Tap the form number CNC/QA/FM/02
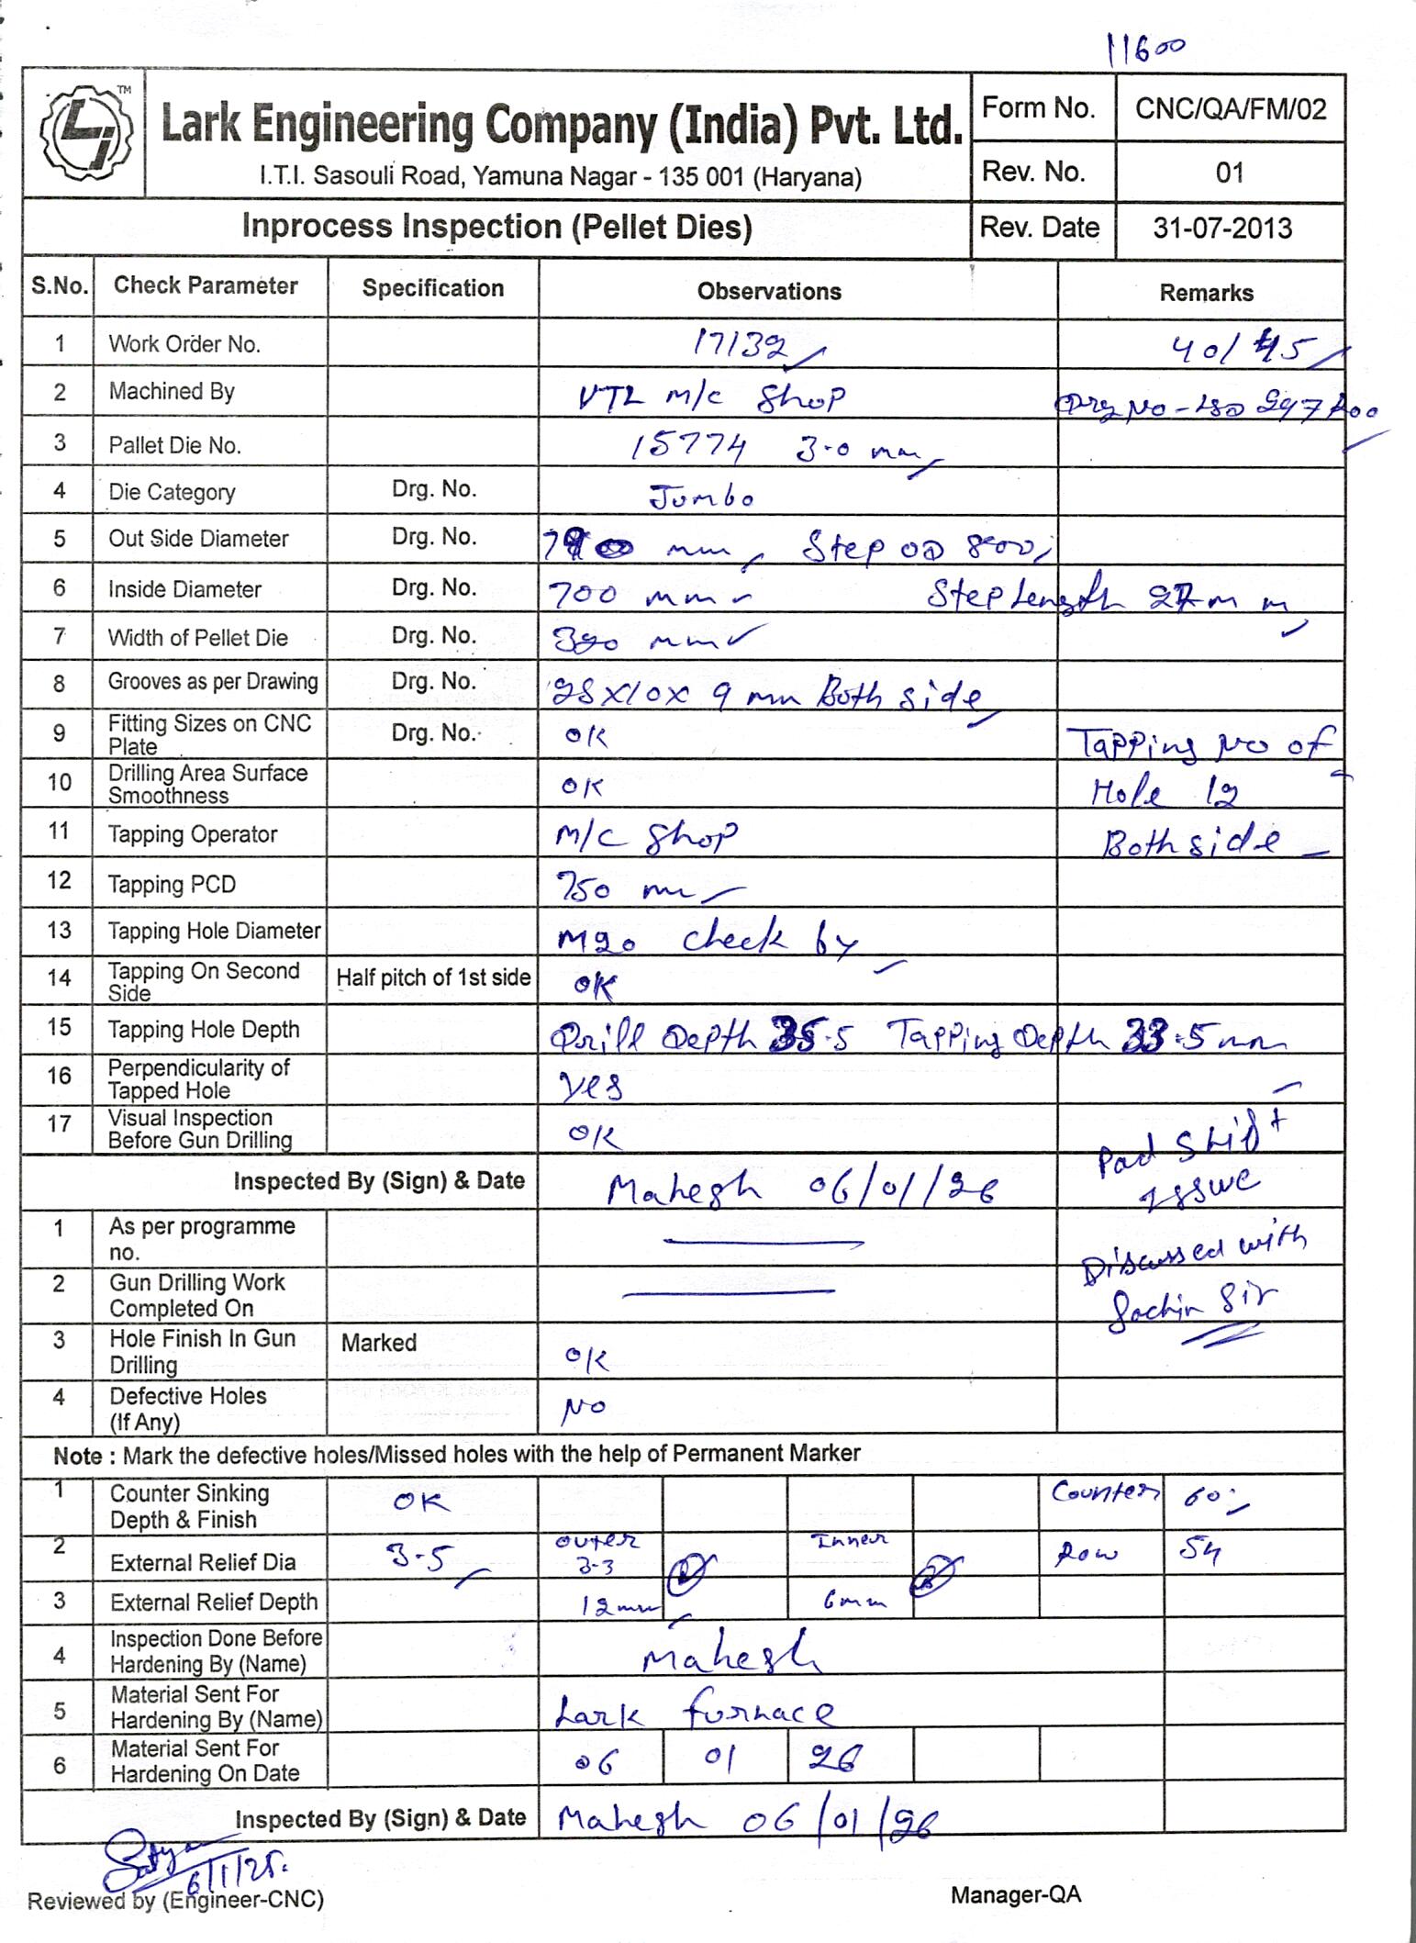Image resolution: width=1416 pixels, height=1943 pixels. [x=1230, y=110]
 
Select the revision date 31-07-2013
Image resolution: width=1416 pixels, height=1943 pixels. [x=1222, y=228]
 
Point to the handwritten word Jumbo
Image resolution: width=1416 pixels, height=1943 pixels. [x=702, y=497]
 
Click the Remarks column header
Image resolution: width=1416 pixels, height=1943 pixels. [x=1205, y=293]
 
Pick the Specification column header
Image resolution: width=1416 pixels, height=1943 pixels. [x=432, y=288]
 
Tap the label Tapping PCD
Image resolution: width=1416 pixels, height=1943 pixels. [x=172, y=885]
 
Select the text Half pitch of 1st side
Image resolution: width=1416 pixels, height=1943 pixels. [x=433, y=978]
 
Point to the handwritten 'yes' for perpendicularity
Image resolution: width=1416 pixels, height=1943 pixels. [x=591, y=1088]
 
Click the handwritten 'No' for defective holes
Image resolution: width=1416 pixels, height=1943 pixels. [x=584, y=1407]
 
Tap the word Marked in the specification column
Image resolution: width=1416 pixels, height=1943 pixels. [x=379, y=1343]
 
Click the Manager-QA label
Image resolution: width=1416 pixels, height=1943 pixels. [x=1016, y=1894]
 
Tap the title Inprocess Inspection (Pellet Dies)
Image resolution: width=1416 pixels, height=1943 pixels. [x=496, y=227]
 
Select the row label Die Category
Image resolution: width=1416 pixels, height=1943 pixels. [x=172, y=493]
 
